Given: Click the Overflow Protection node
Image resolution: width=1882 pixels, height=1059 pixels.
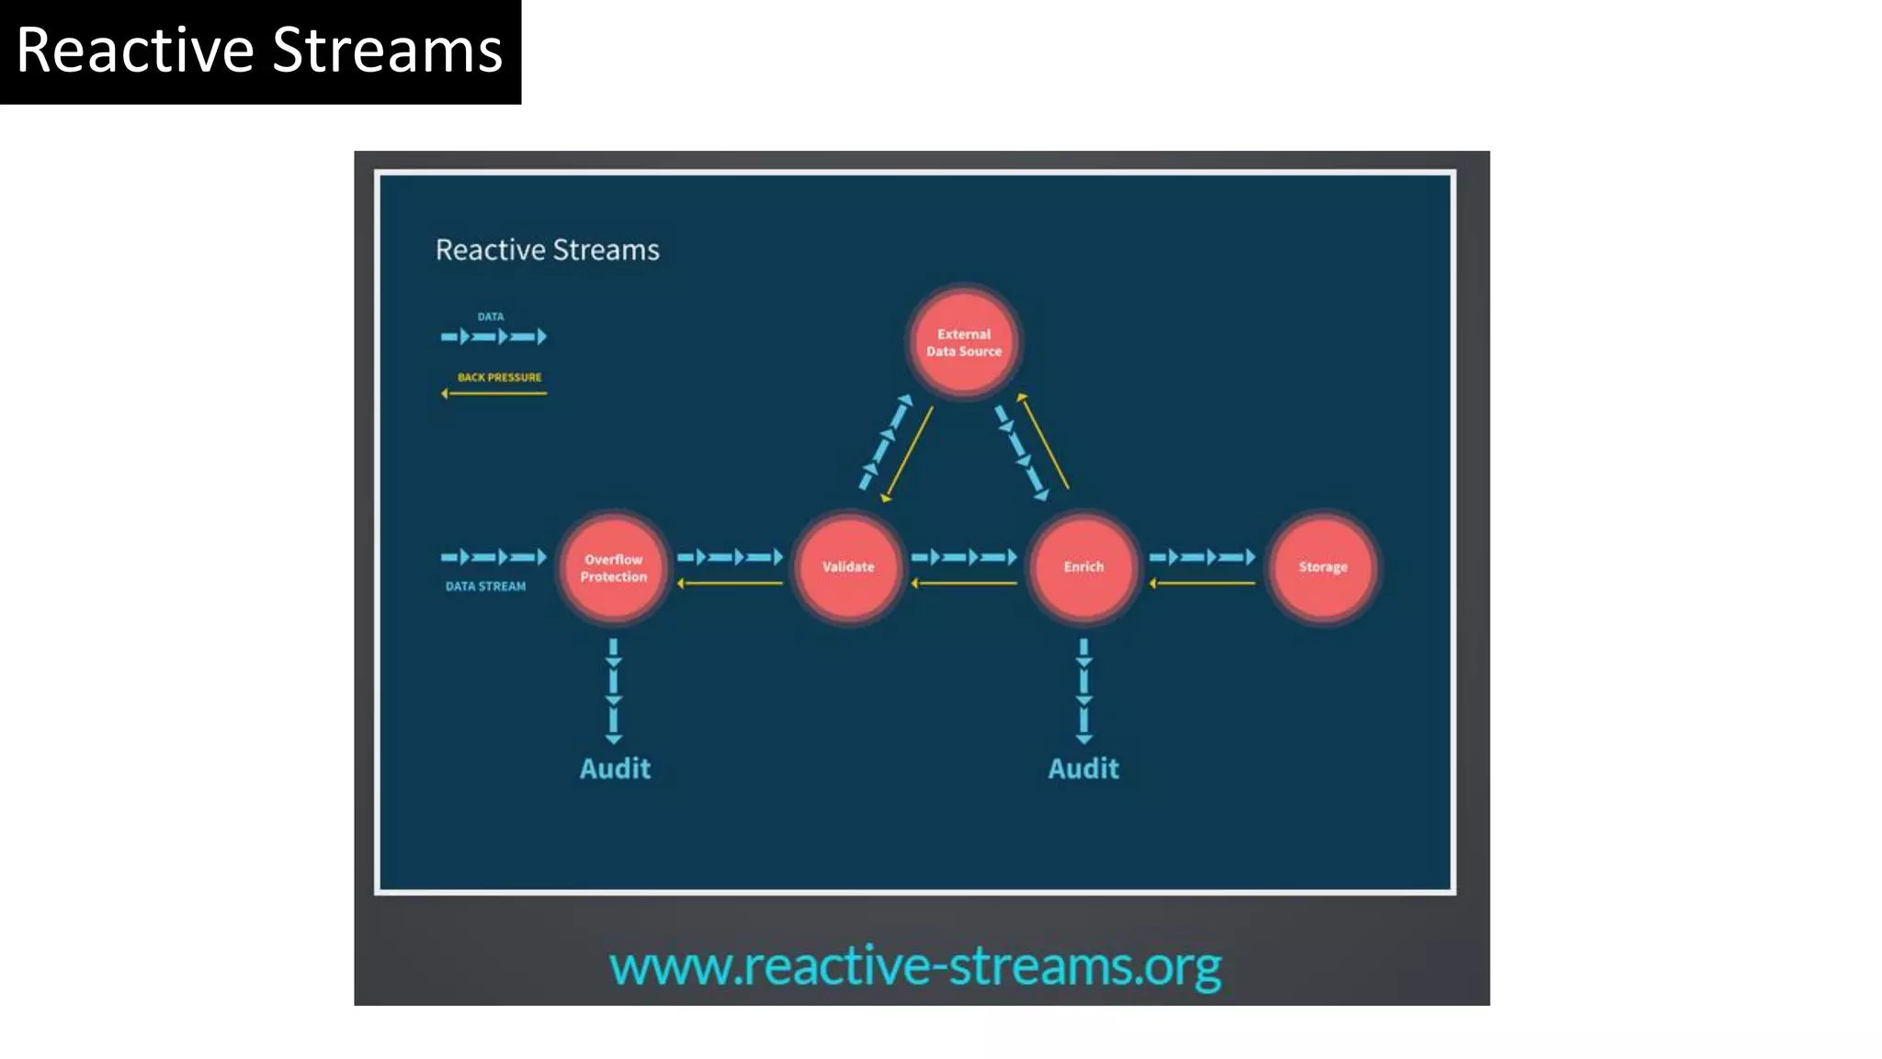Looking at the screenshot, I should click(x=614, y=567).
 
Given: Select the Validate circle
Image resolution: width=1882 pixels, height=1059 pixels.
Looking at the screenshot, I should click(x=848, y=567).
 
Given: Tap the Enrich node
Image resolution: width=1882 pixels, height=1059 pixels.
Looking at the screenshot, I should click(x=1083, y=567).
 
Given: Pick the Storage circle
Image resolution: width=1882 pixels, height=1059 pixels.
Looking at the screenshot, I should click(x=1322, y=567).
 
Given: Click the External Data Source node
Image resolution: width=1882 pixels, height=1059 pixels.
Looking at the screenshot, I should click(x=964, y=342).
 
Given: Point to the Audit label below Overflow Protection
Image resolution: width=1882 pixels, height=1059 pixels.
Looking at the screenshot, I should click(x=615, y=769).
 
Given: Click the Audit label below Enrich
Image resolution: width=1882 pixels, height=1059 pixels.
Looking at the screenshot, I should click(x=1083, y=769).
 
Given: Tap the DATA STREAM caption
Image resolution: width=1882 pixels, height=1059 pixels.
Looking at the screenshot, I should click(x=485, y=586).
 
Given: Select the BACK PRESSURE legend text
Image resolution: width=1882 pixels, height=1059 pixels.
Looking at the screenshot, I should click(x=499, y=377).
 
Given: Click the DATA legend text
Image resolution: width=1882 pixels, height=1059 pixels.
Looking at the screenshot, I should click(x=490, y=316).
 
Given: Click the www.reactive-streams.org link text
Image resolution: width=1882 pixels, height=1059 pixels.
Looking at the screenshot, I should click(x=915, y=967).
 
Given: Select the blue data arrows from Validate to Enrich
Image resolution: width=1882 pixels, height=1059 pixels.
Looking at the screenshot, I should click(x=964, y=556).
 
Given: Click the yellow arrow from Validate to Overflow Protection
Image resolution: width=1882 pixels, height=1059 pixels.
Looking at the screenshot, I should click(x=730, y=583).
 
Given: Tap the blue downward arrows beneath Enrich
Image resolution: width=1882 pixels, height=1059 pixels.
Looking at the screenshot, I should click(x=1083, y=691).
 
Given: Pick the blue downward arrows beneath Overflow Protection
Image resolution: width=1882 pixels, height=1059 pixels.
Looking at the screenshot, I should click(x=614, y=691).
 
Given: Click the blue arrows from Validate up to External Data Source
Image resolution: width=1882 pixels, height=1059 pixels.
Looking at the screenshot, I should click(x=885, y=443).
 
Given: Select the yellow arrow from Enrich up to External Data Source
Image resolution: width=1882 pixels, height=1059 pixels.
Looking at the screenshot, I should click(x=1045, y=441).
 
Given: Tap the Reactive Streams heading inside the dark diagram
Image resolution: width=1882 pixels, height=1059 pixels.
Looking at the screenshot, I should click(x=547, y=250).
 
